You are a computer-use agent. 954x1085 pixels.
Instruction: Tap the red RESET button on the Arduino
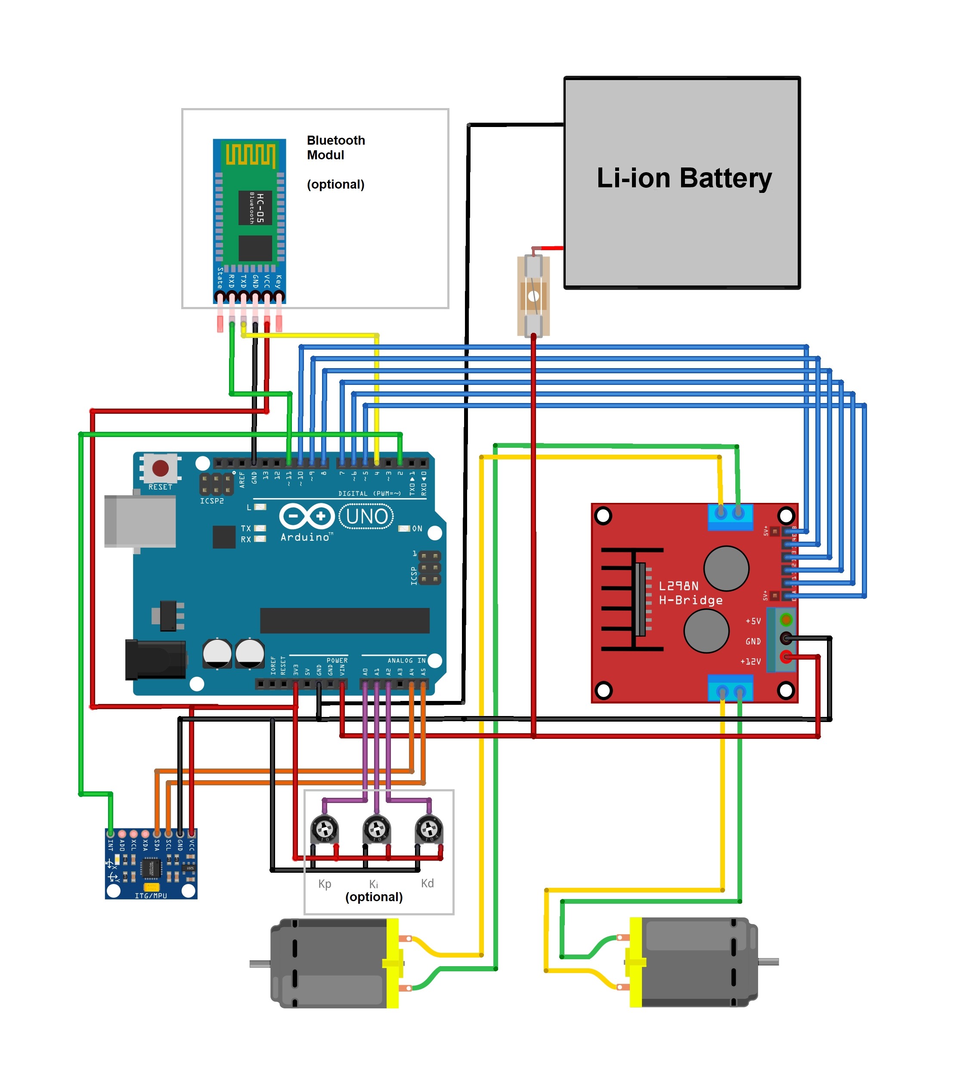point(160,468)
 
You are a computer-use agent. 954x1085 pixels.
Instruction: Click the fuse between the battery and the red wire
point(533,296)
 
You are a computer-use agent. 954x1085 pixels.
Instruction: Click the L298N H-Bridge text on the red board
point(690,593)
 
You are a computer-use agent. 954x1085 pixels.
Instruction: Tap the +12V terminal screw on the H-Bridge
point(786,657)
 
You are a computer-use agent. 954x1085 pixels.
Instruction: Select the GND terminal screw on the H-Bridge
point(786,638)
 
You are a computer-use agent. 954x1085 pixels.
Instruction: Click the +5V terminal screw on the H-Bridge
point(786,620)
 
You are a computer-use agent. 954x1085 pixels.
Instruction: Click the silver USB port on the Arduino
point(139,521)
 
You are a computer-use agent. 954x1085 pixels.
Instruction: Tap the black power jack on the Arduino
point(155,660)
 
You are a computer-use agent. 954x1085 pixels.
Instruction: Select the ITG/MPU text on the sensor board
point(151,896)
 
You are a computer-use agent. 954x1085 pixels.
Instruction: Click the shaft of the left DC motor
point(260,964)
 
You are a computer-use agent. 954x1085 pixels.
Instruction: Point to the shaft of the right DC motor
point(768,962)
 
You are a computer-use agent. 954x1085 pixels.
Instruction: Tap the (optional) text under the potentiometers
point(374,897)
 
